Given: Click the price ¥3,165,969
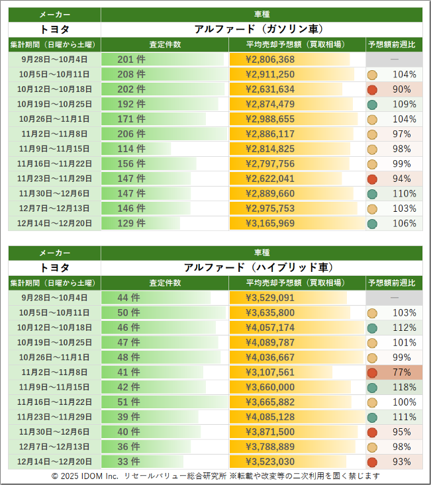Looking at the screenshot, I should click(x=270, y=224).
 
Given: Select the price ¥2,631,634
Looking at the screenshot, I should click(x=270, y=89).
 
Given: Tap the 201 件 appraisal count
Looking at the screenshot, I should click(x=131, y=60).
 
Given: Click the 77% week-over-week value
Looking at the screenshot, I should click(x=402, y=373).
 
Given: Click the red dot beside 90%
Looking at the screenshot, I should click(x=373, y=89).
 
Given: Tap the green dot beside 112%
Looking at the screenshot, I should click(x=373, y=328).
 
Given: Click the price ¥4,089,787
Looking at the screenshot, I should click(x=270, y=343).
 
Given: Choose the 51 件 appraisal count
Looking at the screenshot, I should click(x=128, y=402).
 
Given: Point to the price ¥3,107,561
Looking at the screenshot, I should click(x=270, y=373).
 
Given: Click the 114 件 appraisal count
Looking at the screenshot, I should click(x=131, y=149).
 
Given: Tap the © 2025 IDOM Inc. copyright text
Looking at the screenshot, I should click(x=85, y=476).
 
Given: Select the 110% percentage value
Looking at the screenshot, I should click(x=404, y=194).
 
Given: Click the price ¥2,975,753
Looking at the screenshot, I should click(x=270, y=208).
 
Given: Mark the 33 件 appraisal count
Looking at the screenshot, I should click(x=128, y=462).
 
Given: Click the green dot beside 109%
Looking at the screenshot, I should click(x=373, y=105).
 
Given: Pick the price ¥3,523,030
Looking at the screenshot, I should click(x=270, y=462).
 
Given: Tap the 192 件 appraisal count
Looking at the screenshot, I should click(x=131, y=105).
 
